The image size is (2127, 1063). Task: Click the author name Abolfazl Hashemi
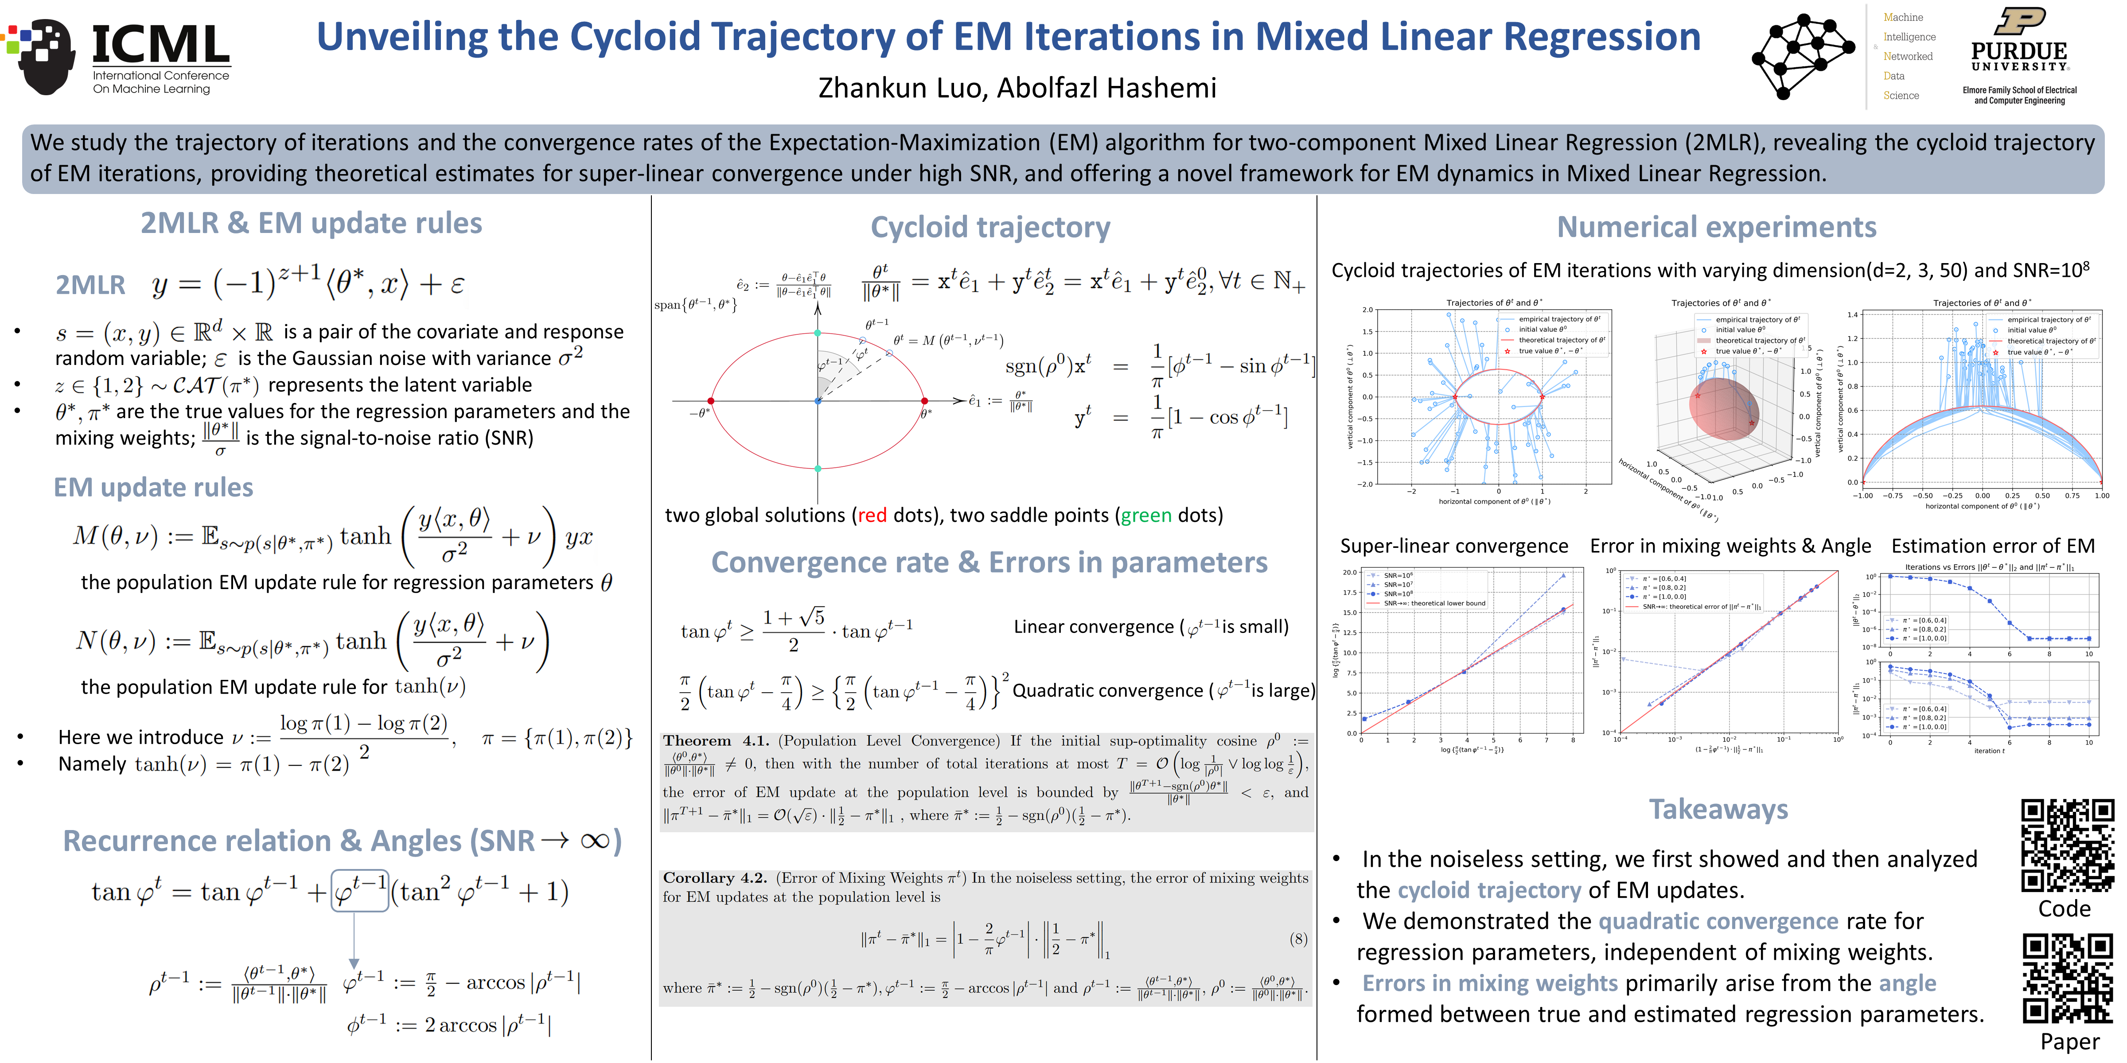(x=1106, y=88)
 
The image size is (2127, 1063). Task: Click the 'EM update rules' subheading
(x=154, y=487)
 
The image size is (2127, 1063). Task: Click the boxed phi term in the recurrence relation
(x=359, y=891)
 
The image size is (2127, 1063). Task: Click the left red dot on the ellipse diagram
(x=711, y=401)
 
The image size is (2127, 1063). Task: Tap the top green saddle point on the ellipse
(x=818, y=333)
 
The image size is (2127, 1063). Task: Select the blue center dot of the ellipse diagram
(x=818, y=401)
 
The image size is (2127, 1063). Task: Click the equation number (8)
(x=1298, y=939)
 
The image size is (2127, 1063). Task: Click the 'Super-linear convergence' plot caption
(x=1453, y=546)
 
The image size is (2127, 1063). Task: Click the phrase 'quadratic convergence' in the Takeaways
(x=1718, y=921)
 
